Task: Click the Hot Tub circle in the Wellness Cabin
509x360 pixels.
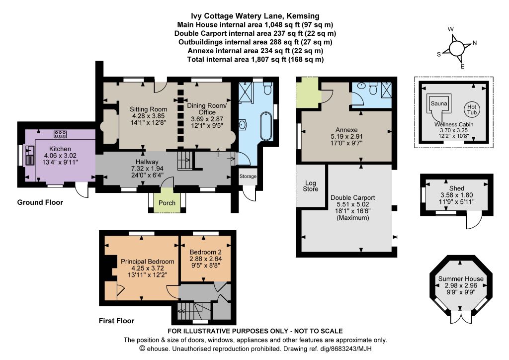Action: (472, 109)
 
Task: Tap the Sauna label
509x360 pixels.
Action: (438, 103)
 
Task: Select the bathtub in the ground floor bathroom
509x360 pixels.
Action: (266, 126)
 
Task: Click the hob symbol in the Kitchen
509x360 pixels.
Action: (60, 134)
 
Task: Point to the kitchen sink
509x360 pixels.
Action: (29, 156)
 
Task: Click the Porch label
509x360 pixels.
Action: (167, 203)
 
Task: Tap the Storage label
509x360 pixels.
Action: (248, 176)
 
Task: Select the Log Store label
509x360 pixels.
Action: (310, 186)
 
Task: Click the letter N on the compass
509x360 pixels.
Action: (475, 43)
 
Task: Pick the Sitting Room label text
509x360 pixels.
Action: (148, 109)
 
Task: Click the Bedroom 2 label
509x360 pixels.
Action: (206, 252)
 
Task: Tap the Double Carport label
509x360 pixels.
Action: (352, 198)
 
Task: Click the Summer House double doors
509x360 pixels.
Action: (461, 317)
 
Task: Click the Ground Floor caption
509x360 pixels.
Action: (40, 202)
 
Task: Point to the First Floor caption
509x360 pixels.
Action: (116, 321)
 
